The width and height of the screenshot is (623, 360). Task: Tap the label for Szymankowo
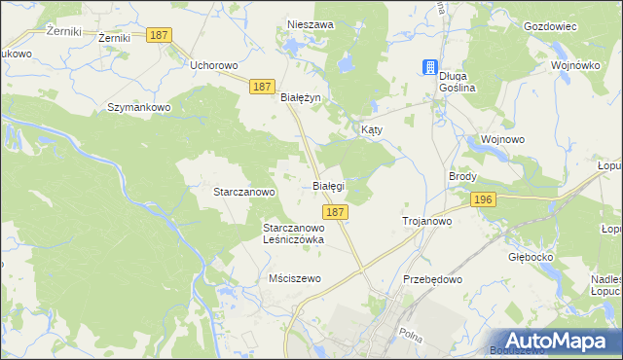tap(139, 106)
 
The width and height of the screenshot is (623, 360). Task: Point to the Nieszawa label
tap(311, 24)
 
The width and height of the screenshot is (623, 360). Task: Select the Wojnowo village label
tap(502, 139)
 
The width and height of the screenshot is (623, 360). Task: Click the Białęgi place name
tap(328, 185)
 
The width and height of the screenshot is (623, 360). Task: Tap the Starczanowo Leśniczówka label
tap(293, 233)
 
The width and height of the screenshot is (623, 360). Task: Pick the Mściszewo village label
tap(294, 278)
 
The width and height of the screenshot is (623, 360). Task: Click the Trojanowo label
tap(427, 222)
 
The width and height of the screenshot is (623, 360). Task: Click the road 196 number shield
tap(483, 199)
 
